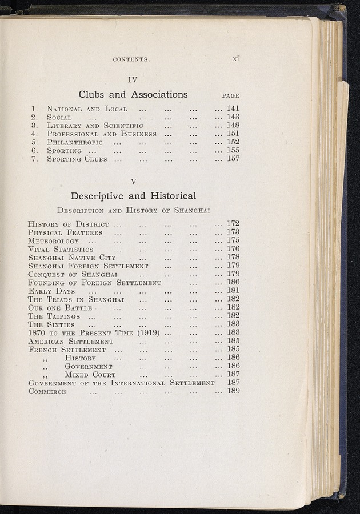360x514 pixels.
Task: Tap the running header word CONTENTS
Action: click(x=131, y=59)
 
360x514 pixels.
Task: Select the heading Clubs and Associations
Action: click(x=133, y=94)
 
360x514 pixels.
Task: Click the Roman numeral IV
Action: click(x=133, y=79)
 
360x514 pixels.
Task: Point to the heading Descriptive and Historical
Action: click(x=133, y=196)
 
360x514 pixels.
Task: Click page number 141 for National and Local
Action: click(x=233, y=108)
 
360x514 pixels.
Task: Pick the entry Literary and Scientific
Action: click(x=95, y=125)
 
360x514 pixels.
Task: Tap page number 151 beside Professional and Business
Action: click(x=233, y=134)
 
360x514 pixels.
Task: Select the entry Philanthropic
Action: click(x=75, y=142)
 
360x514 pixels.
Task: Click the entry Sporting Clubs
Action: click(x=77, y=159)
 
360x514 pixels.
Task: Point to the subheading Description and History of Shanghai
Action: click(x=134, y=210)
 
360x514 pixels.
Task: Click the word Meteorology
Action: click(x=54, y=241)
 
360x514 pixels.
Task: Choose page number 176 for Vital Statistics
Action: click(x=233, y=249)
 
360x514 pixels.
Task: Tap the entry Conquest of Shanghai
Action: click(x=73, y=274)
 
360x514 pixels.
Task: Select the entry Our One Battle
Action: click(x=60, y=308)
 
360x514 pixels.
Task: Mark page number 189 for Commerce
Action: click(x=233, y=391)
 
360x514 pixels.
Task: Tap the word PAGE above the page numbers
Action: click(x=230, y=96)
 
